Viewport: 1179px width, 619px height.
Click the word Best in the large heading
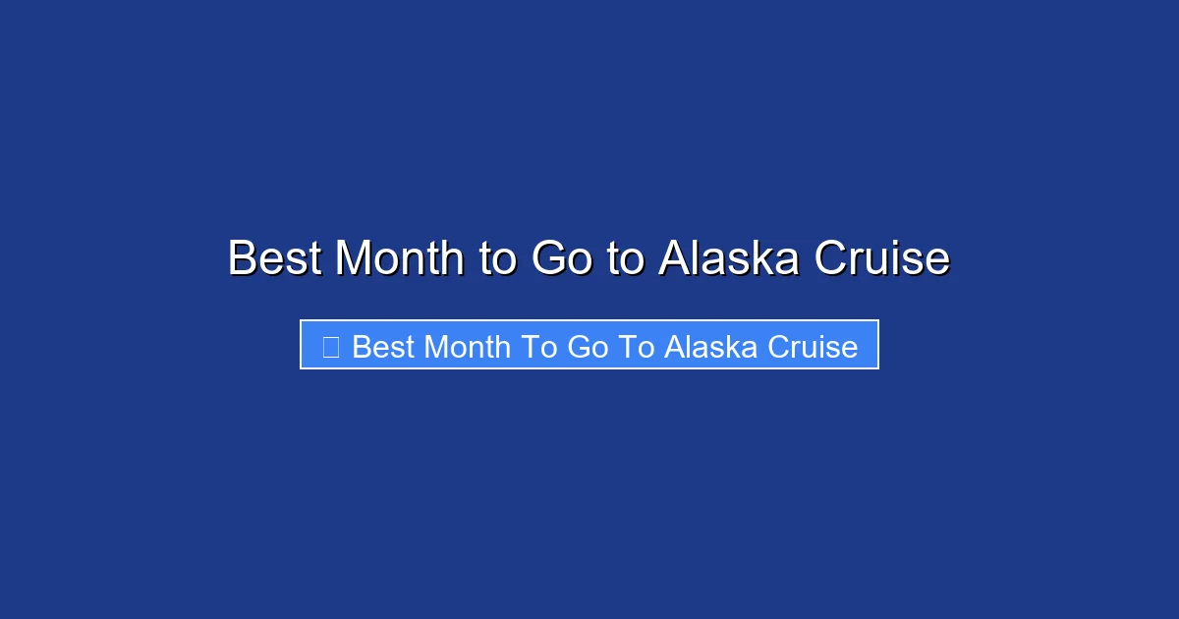click(276, 258)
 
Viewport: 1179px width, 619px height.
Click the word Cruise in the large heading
click(881, 258)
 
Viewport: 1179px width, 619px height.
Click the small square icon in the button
click(330, 347)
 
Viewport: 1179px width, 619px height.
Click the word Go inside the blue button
click(588, 347)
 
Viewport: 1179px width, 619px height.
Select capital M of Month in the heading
click(355, 258)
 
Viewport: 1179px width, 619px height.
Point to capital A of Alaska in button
click(674, 347)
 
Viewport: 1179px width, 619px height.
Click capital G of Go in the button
click(578, 347)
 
